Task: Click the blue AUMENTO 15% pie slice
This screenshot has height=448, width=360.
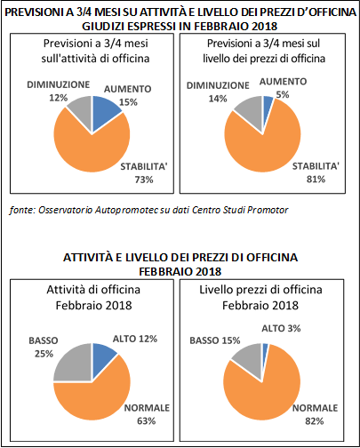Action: pyautogui.click(x=104, y=110)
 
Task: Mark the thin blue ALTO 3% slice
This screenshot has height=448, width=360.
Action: pyautogui.click(x=265, y=353)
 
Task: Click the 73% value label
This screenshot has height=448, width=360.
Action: pyautogui.click(x=144, y=180)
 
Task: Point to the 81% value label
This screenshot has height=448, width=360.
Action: pyautogui.click(x=316, y=180)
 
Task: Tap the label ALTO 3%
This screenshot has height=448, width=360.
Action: pyautogui.click(x=281, y=328)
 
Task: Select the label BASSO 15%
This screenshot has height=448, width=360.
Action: pyautogui.click(x=215, y=340)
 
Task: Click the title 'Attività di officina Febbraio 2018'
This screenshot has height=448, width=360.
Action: pyautogui.click(x=93, y=298)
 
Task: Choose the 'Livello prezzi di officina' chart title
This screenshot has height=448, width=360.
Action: pyautogui.click(x=260, y=290)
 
